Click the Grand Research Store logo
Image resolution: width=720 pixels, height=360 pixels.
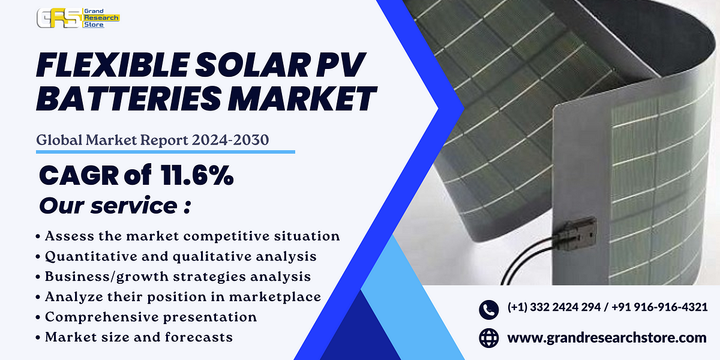[x=78, y=18]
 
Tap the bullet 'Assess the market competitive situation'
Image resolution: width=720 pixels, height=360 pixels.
[x=192, y=236]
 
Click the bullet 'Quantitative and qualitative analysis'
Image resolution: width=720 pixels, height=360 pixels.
[x=181, y=256]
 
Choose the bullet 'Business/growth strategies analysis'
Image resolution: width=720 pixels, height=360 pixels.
[x=178, y=277]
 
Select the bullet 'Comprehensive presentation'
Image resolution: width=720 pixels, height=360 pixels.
[x=151, y=317]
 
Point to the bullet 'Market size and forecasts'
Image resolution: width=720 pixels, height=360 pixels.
[x=139, y=337]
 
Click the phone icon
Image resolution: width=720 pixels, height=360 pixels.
[x=489, y=309]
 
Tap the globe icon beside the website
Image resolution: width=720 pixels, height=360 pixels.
[x=489, y=338]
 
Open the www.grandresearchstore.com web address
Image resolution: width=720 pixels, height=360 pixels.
[x=607, y=338]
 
